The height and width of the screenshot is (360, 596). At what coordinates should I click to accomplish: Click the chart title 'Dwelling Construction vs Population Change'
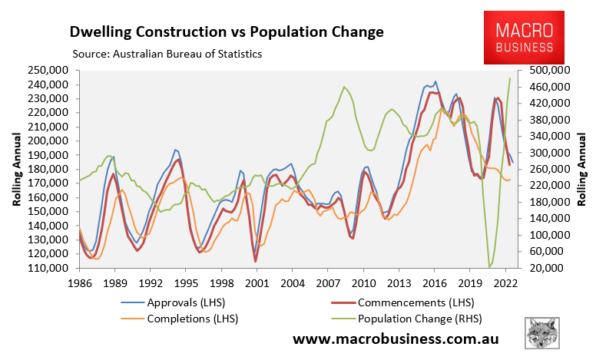pyautogui.click(x=226, y=32)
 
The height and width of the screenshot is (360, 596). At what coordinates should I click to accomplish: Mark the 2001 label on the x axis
pyautogui.click(x=257, y=282)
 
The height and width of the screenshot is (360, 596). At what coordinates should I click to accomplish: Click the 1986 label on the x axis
pyautogui.click(x=79, y=282)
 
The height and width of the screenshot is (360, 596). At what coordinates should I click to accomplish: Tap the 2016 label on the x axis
pyautogui.click(x=435, y=282)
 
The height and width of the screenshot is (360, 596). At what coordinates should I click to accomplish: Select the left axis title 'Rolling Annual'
pyautogui.click(x=16, y=169)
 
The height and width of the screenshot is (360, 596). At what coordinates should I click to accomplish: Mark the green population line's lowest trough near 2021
pyautogui.click(x=489, y=266)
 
